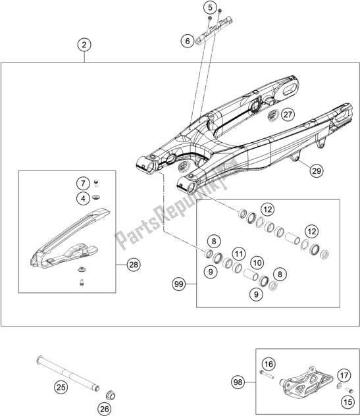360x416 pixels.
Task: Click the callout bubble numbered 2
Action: point(84,45)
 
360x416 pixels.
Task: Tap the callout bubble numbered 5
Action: point(210,8)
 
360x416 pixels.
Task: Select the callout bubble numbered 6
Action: point(188,41)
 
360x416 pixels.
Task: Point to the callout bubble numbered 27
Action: point(288,115)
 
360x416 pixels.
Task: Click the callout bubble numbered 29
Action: point(317,170)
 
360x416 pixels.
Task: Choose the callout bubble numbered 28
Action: point(134,265)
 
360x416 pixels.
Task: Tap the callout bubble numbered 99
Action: point(179,284)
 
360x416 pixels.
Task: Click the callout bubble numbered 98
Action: point(238,382)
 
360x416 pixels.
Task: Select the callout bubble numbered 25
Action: point(61,387)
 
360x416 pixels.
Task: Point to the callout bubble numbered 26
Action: point(105,409)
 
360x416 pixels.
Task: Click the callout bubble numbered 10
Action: point(257,263)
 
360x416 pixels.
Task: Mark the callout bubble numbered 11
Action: point(239,254)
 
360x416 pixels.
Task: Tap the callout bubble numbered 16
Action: point(269,364)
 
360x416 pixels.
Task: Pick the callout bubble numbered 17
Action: point(344,376)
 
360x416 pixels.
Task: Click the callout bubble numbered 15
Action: point(349,402)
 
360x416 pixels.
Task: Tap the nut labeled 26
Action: point(110,395)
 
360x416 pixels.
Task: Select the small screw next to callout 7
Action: point(96,183)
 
